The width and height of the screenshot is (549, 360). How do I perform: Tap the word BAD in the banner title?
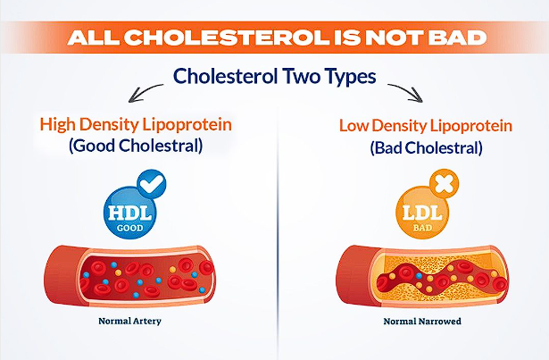point(457,38)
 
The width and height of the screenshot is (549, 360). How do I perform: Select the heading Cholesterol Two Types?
point(275,76)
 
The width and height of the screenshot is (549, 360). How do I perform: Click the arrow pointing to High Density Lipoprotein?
point(145,92)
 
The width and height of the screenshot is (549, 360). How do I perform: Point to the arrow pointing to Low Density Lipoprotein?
point(406,92)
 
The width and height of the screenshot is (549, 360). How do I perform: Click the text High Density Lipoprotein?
point(136,125)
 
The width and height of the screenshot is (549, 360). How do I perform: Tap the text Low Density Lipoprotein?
point(426,126)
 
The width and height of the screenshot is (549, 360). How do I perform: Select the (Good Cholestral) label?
point(136,146)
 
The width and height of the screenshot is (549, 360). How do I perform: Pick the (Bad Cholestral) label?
point(426,147)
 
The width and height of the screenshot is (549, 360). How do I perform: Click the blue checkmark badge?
point(152,184)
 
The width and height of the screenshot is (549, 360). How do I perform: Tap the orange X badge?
point(444,184)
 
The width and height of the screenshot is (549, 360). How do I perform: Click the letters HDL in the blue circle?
point(130,213)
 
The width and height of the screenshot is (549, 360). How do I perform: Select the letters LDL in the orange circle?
point(422,213)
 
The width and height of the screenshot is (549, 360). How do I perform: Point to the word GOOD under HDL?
point(130,228)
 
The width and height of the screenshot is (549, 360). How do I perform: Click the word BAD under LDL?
point(422,228)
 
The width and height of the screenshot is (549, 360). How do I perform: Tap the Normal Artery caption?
point(130,321)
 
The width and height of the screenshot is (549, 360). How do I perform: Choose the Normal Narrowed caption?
point(422,321)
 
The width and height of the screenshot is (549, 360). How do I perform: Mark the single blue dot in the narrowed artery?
point(419,276)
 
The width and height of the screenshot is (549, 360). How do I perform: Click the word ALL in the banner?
point(93,38)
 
